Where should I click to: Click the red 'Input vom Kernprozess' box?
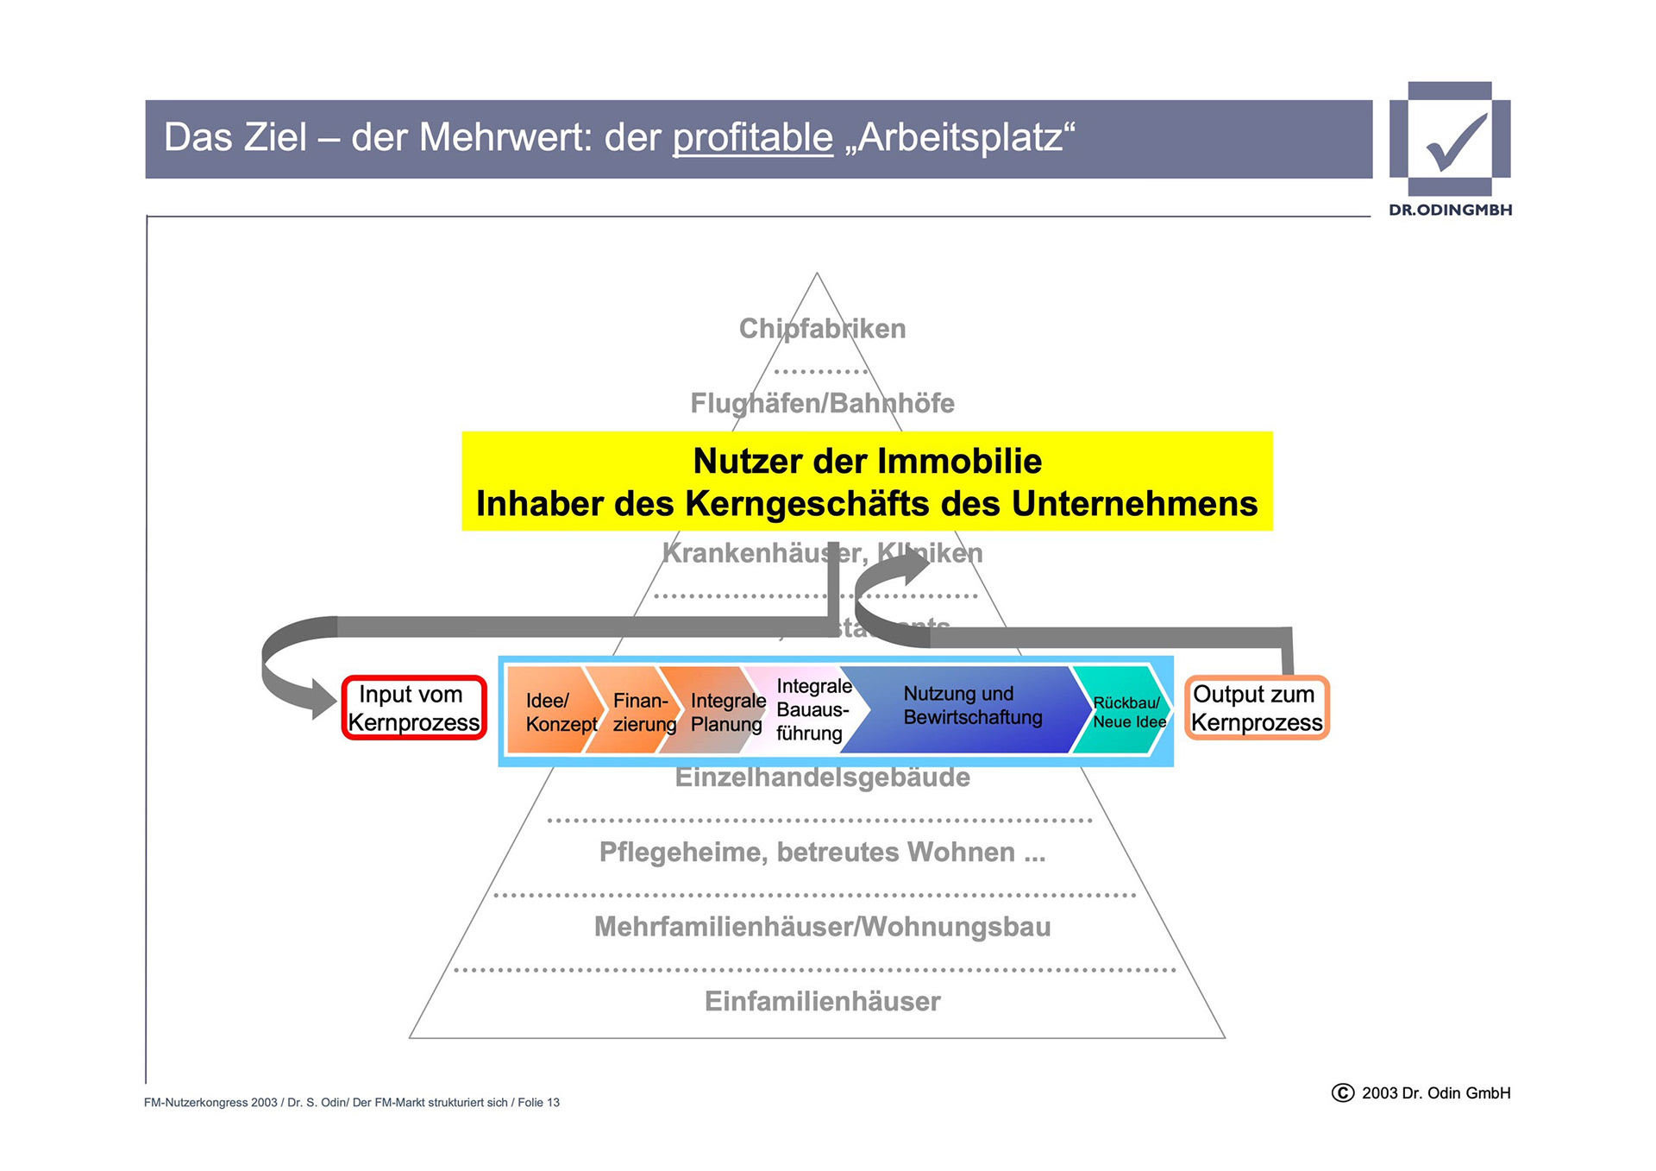pos(414,708)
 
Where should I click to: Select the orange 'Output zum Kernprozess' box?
pos(1257,708)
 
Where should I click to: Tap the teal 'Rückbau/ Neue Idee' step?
pos(1126,712)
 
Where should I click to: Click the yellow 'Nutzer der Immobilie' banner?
pos(867,482)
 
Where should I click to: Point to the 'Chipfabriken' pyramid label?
pos(822,329)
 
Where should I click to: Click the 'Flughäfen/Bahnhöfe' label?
pos(822,403)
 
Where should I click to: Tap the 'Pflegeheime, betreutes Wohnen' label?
pos(822,853)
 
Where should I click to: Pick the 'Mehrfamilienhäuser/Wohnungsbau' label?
pos(822,927)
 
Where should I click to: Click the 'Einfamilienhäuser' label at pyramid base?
pos(822,1001)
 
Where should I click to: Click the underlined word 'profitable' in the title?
pos(752,138)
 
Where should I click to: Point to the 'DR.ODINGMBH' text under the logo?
pos(1450,210)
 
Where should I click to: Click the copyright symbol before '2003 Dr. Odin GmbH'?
pos(1343,1093)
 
